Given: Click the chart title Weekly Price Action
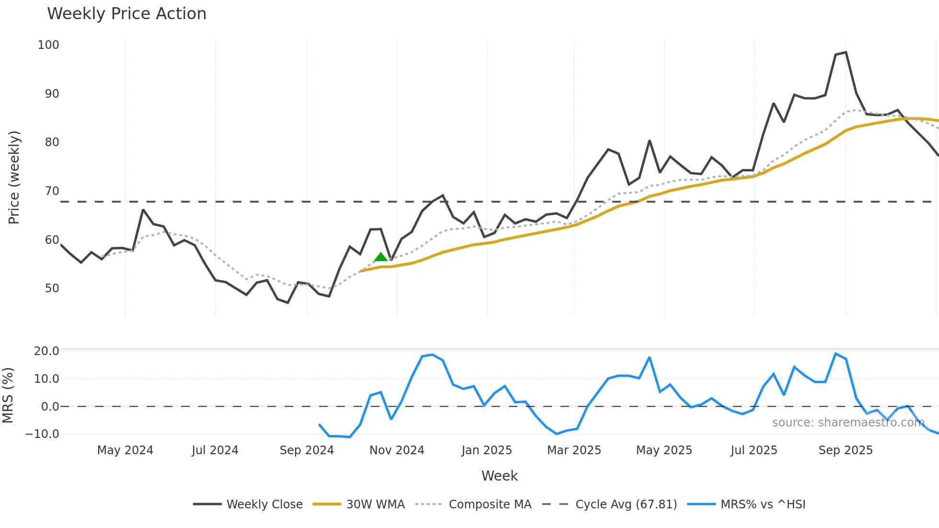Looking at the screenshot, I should click(x=126, y=14).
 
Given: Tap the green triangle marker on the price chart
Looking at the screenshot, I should click(x=380, y=257).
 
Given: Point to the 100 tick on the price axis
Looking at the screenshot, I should click(x=48, y=45).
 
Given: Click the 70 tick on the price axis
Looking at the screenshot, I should click(x=52, y=191).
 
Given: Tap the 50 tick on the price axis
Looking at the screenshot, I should click(x=52, y=288).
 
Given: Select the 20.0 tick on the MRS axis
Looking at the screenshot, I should click(x=46, y=351).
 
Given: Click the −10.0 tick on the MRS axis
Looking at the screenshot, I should click(x=42, y=434).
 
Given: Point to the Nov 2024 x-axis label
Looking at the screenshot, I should click(x=397, y=450).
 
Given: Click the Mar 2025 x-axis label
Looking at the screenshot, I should click(x=574, y=450).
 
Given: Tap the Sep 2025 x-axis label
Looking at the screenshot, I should click(x=846, y=450).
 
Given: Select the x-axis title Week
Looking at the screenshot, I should click(x=499, y=476).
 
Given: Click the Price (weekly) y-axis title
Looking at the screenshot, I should click(x=14, y=177).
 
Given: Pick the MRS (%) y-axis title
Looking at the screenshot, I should click(x=8, y=395).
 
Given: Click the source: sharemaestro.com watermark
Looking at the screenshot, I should click(x=848, y=422).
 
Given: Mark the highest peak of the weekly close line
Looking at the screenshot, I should click(x=846, y=52).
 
